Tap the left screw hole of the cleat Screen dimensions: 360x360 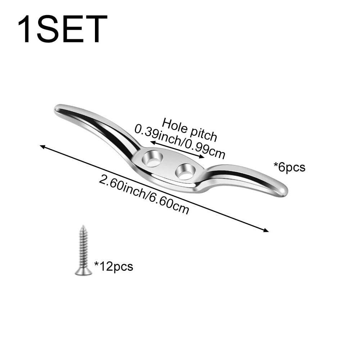[153, 159]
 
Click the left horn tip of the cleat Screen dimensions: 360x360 [58, 109]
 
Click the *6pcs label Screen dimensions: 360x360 [289, 167]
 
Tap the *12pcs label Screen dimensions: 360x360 [114, 266]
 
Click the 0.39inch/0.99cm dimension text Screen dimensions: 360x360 [180, 141]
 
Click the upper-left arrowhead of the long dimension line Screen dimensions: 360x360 [42, 146]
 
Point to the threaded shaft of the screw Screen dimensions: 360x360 [83, 248]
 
